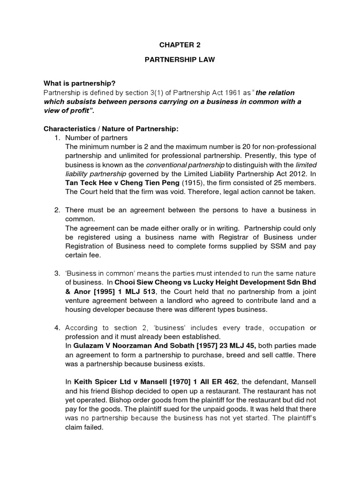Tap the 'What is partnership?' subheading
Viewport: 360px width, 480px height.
pos(79,83)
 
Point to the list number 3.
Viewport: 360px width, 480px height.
pos(57,273)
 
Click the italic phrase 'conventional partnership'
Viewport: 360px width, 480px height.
pos(186,165)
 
